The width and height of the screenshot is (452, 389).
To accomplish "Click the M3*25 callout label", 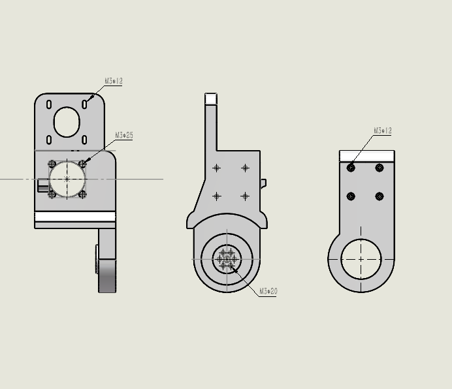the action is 124,135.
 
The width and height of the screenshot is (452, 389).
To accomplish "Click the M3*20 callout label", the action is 268,291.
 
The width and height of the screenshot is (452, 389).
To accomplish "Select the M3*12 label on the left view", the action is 114,81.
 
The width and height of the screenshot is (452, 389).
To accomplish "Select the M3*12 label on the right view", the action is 383,131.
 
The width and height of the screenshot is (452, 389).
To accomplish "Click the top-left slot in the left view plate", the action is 49,104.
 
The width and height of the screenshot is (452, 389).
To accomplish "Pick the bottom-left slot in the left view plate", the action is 49,140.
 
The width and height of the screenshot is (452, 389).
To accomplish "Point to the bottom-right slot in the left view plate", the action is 84,140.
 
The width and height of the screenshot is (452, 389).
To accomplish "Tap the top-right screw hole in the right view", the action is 379,168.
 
